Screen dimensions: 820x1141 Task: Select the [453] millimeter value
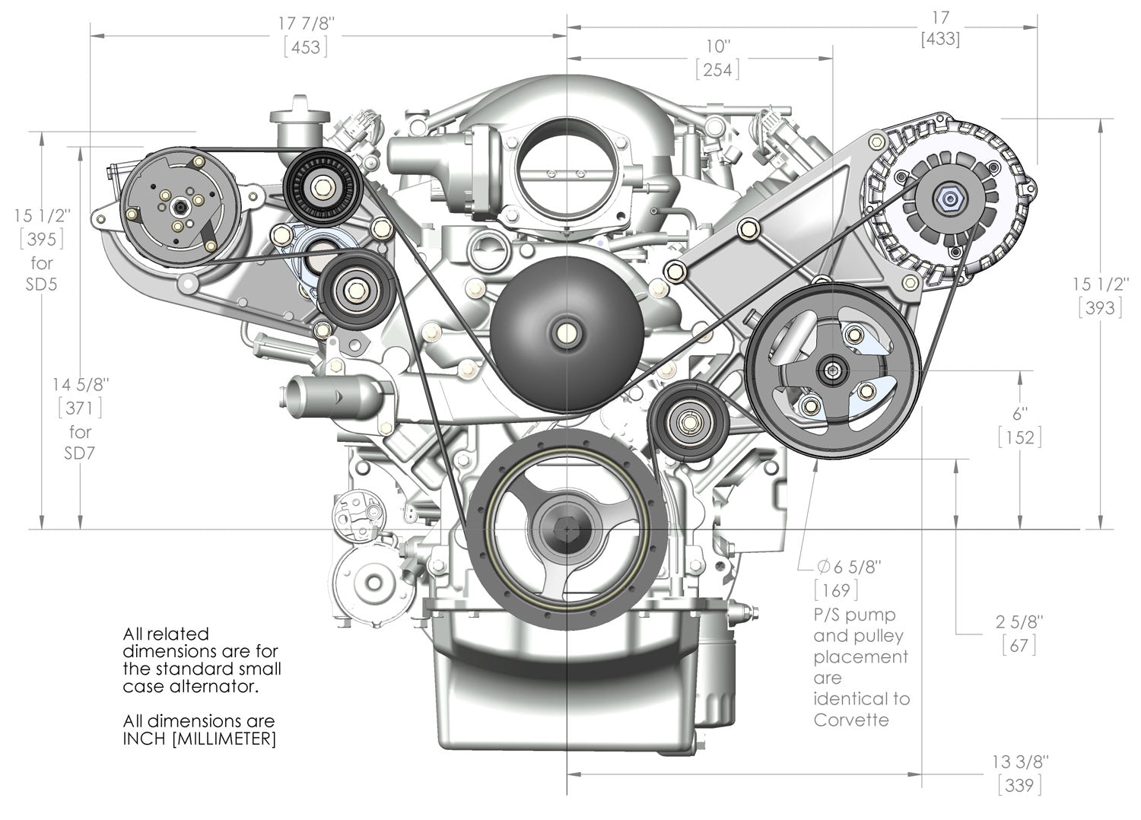click(x=306, y=47)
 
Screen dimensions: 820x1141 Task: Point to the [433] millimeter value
click(x=940, y=38)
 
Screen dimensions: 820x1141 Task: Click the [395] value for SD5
click(x=42, y=239)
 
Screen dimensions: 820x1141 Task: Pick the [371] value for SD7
click(x=80, y=408)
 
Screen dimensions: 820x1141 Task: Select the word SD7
click(x=80, y=453)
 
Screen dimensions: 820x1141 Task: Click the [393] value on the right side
click(x=1100, y=307)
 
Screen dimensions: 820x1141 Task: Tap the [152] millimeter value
click(x=1019, y=437)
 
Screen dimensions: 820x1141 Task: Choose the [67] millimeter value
click(x=1019, y=645)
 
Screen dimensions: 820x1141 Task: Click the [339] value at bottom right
click(x=1019, y=785)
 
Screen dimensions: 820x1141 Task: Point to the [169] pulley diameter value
click(x=836, y=590)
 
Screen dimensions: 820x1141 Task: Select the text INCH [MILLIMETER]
click(x=199, y=739)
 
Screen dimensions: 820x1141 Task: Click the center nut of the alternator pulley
click(x=949, y=199)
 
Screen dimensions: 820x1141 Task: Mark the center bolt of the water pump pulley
click(x=565, y=332)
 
